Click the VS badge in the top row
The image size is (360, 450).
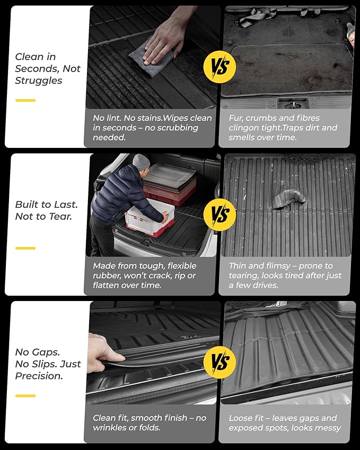pos(219,67)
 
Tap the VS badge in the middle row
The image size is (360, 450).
pos(219,215)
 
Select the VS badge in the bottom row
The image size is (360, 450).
pos(219,362)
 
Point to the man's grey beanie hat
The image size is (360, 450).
pos(141,162)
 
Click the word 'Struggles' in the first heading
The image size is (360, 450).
pos(39,81)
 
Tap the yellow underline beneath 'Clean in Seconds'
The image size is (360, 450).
pos(25,100)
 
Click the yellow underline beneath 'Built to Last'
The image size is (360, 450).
pos(25,248)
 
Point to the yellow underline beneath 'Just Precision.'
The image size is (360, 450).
pos(25,395)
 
